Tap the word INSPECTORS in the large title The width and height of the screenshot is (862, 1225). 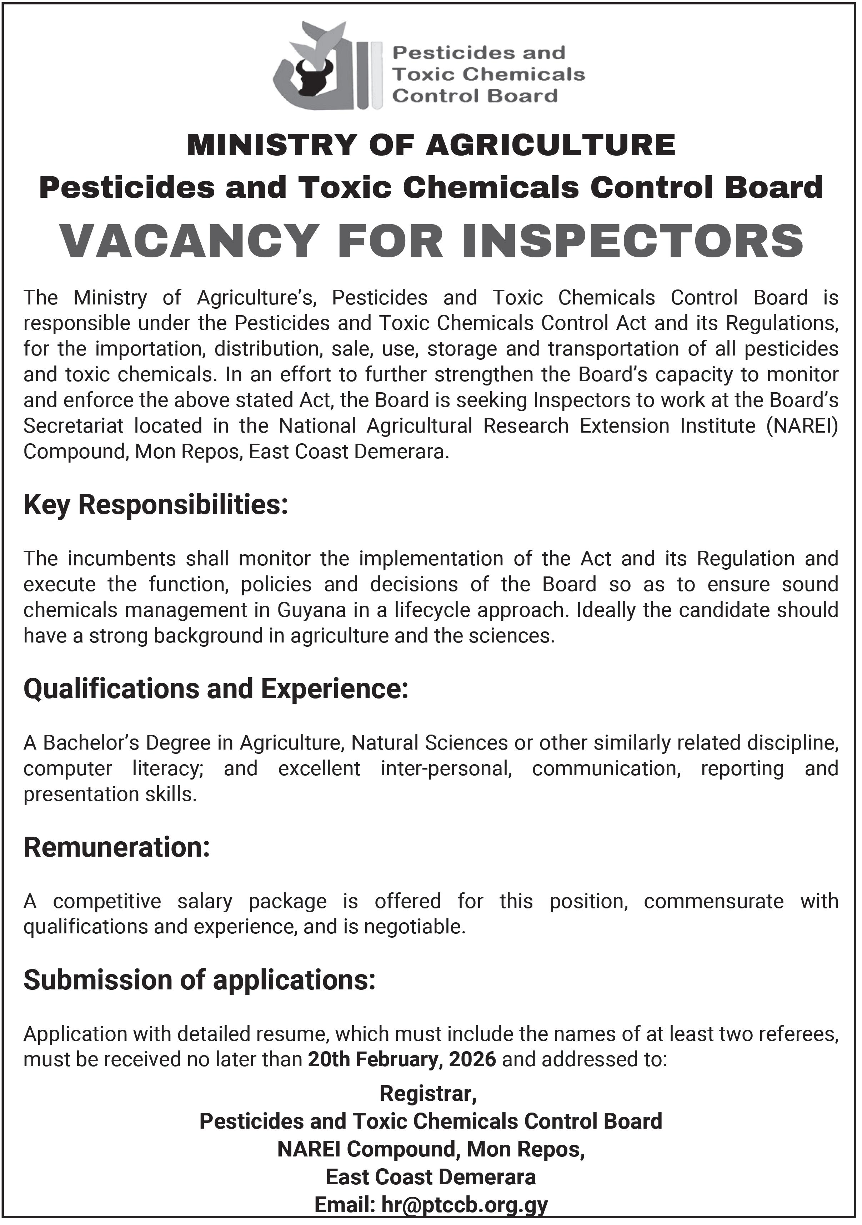(633, 241)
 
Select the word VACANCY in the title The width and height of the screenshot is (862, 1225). (190, 241)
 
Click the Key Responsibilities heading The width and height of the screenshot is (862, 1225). (155, 505)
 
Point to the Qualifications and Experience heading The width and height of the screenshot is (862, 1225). (216, 689)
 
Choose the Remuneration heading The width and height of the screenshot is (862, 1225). (116, 847)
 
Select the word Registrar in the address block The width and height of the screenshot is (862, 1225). (427, 1094)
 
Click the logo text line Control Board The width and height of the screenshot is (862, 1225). (475, 96)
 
